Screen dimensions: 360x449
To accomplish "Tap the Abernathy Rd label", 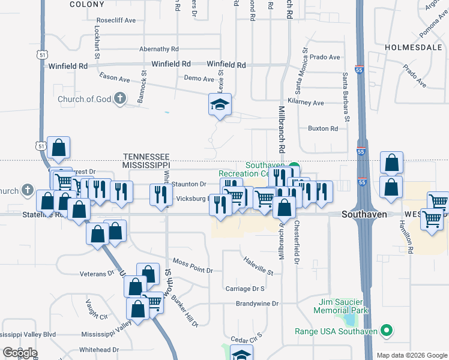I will (x=159, y=49).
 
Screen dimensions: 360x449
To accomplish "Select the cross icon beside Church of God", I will (x=120, y=99).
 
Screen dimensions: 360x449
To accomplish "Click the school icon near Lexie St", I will (x=220, y=106).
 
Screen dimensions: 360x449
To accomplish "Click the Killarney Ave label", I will (x=306, y=103).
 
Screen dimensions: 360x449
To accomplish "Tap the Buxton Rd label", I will (x=323, y=128).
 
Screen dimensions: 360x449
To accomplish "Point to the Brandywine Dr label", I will (x=257, y=304).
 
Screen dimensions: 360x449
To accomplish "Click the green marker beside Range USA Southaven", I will (x=387, y=331).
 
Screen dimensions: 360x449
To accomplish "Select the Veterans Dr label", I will (x=97, y=274).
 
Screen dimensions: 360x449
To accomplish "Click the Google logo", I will (x=19, y=352).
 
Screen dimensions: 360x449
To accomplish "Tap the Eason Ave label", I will (x=115, y=78).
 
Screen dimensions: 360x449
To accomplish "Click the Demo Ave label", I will (x=199, y=79).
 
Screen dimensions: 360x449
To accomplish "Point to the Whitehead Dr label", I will (x=99, y=349).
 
